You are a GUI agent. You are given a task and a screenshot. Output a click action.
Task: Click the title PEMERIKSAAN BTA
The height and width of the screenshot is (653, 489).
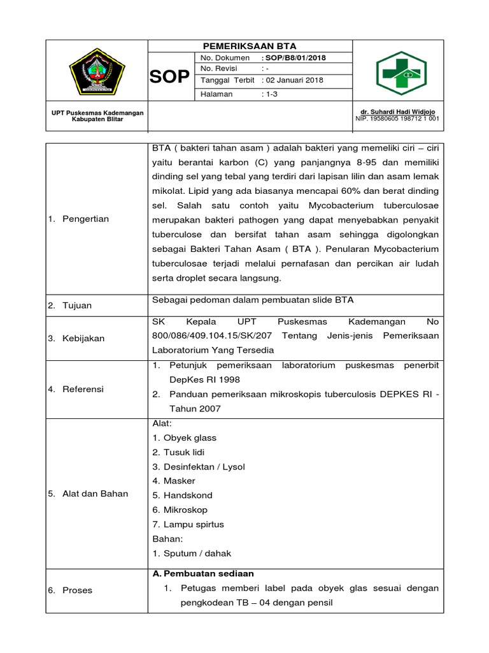250,47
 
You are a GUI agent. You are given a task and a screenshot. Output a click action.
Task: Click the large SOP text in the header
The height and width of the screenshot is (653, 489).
169,77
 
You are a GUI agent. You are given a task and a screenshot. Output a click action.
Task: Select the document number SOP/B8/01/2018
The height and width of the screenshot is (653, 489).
295,58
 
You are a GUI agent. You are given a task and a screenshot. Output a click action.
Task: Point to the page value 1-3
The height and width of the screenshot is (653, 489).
271,94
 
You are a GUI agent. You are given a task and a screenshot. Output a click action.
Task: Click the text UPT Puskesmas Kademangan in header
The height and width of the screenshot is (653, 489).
97,112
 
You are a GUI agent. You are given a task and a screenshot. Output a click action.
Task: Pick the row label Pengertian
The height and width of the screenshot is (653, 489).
85,219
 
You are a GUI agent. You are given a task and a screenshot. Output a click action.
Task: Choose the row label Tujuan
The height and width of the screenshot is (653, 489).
77,305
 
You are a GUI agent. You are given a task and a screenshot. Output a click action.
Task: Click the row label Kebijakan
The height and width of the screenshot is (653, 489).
83,339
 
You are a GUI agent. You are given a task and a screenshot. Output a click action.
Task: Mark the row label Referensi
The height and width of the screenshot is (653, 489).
83,389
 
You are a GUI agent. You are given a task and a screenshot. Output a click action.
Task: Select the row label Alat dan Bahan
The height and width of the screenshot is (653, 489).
95,494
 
